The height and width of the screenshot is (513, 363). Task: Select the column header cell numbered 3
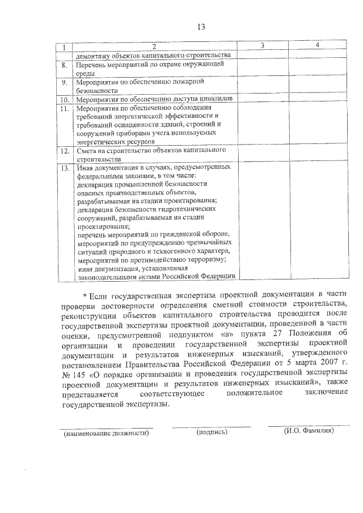click(262, 46)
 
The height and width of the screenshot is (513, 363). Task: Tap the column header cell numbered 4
click(318, 45)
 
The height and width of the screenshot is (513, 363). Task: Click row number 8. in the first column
click(65, 66)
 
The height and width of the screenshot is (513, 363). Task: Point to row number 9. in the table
click(65, 83)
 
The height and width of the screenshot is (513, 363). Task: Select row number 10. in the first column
click(65, 99)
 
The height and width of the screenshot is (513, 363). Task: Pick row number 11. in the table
click(65, 108)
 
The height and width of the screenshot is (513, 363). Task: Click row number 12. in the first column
click(65, 151)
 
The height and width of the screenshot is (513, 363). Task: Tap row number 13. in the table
click(65, 168)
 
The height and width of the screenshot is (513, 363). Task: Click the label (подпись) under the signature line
click(212, 432)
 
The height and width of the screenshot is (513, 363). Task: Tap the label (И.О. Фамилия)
click(309, 431)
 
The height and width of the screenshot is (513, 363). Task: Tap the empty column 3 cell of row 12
click(262, 155)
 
